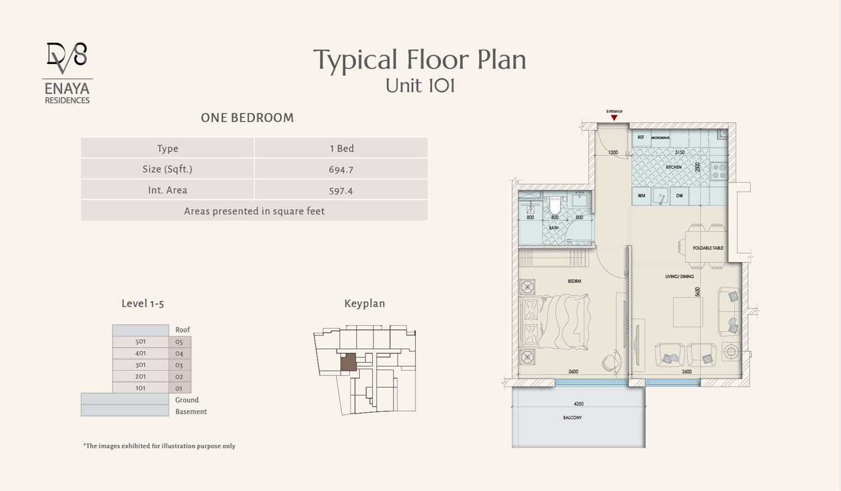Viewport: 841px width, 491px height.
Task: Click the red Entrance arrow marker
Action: coord(614,117)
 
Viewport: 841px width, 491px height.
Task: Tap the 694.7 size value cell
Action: coord(341,169)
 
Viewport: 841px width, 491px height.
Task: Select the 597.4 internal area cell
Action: coord(341,190)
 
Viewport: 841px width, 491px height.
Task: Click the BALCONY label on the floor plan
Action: coord(573,417)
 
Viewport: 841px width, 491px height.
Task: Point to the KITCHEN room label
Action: coord(674,167)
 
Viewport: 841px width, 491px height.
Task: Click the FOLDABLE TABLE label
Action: coord(708,248)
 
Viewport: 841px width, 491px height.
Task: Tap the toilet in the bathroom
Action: coord(555,204)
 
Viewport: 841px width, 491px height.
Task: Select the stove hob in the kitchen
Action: coord(719,171)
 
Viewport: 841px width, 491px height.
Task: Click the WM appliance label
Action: coord(641,196)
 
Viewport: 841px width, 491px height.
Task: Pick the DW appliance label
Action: coord(679,196)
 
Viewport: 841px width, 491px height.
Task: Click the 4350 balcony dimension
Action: coord(579,404)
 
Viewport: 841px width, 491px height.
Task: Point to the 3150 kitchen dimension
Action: coord(679,152)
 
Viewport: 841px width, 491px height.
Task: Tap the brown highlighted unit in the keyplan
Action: coord(349,362)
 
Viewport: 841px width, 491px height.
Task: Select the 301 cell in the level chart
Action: coord(140,365)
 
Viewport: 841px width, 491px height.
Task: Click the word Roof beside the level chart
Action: coord(182,330)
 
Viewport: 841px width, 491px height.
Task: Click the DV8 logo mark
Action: coord(67,58)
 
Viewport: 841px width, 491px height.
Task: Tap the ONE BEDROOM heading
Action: coord(248,118)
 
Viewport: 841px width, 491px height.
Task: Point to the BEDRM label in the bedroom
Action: coord(574,281)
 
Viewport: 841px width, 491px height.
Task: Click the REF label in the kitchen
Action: coord(641,138)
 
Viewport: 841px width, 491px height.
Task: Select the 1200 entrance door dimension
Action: coord(613,152)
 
